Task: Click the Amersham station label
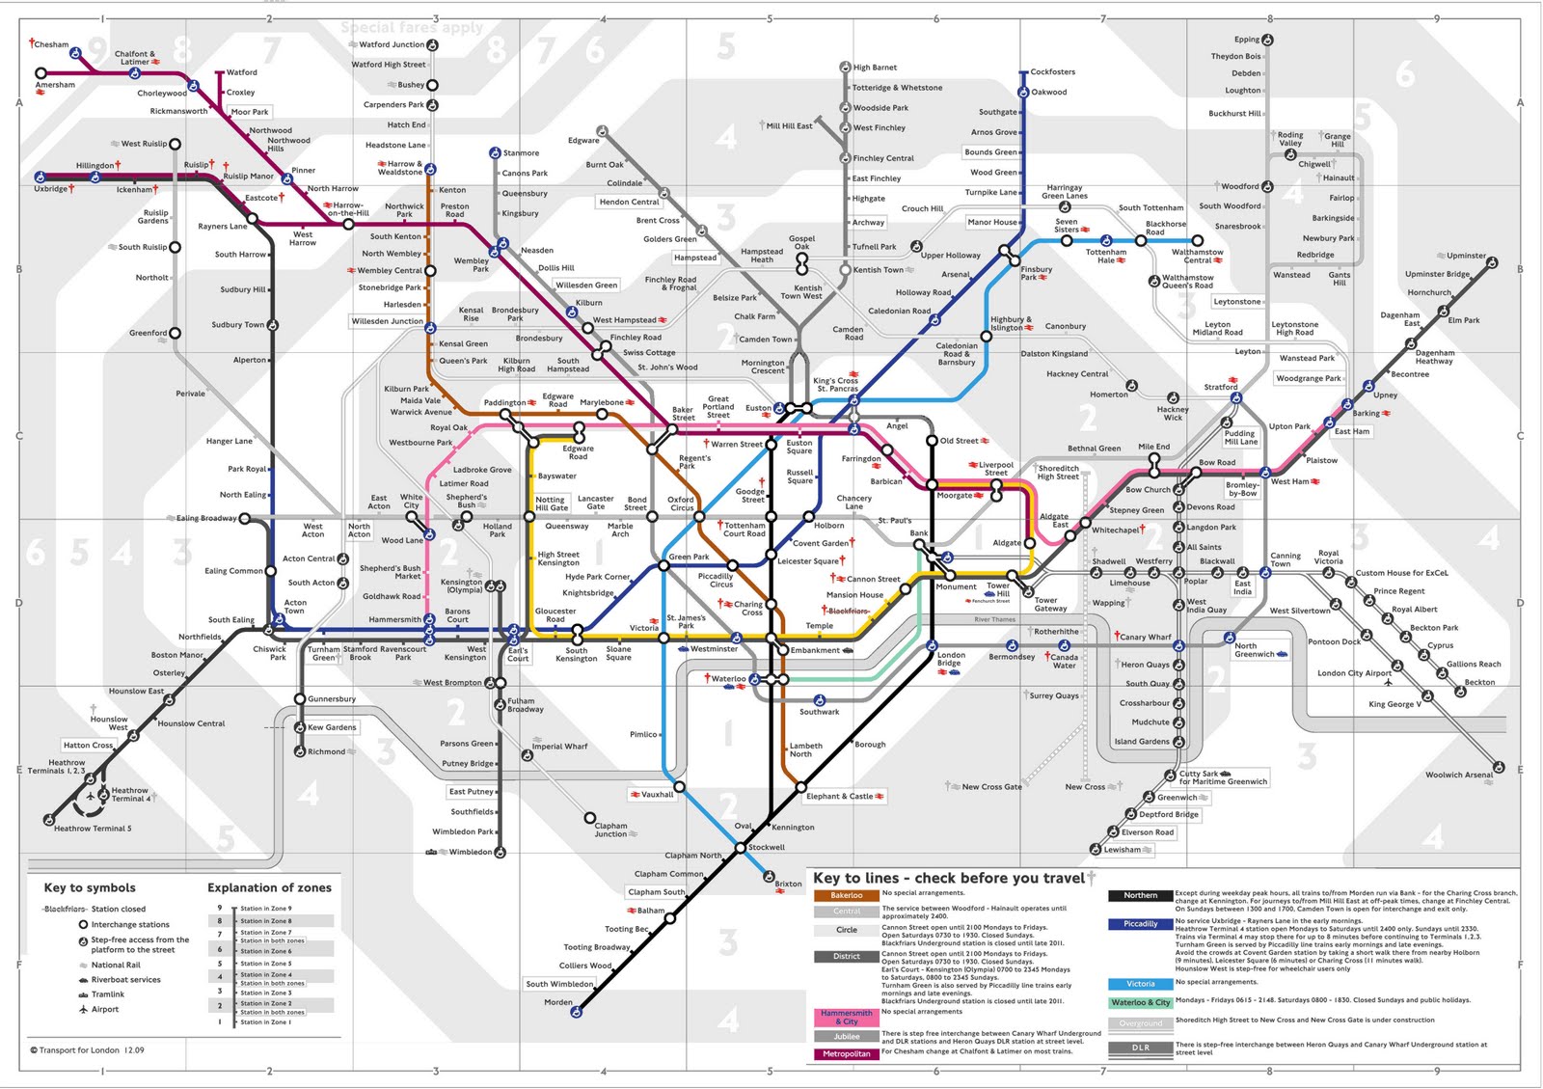pyautogui.click(x=55, y=85)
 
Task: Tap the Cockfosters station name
pyautogui.click(x=1052, y=71)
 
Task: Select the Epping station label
pyautogui.click(x=1246, y=40)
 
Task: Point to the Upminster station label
pyautogui.click(x=1466, y=256)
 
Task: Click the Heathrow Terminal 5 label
pyautogui.click(x=93, y=829)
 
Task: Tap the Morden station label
pyautogui.click(x=557, y=1002)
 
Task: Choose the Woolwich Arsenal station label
pyautogui.click(x=1458, y=775)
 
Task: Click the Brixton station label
pyautogui.click(x=788, y=884)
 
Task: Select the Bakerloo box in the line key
pyautogui.click(x=846, y=895)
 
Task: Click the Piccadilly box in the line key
pyautogui.click(x=1140, y=924)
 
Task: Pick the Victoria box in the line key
pyautogui.click(x=1140, y=984)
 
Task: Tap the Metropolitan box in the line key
pyautogui.click(x=846, y=1053)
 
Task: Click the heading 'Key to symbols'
pyautogui.click(x=90, y=887)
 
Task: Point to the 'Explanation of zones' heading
pyautogui.click(x=269, y=887)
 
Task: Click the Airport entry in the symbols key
pyautogui.click(x=105, y=1009)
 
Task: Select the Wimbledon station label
pyautogui.click(x=470, y=852)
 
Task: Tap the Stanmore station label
pyautogui.click(x=521, y=152)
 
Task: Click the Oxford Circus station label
pyautogui.click(x=681, y=504)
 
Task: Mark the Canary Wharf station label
pyautogui.click(x=1146, y=637)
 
